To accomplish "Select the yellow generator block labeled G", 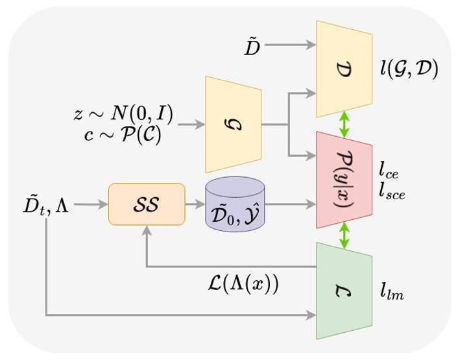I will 233,123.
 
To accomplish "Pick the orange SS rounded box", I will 147,204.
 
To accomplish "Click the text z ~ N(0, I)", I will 123,115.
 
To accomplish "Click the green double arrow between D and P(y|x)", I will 344,123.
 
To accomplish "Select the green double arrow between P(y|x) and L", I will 344,235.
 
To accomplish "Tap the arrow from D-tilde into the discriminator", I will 290,45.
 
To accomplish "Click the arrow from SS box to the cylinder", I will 195,204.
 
